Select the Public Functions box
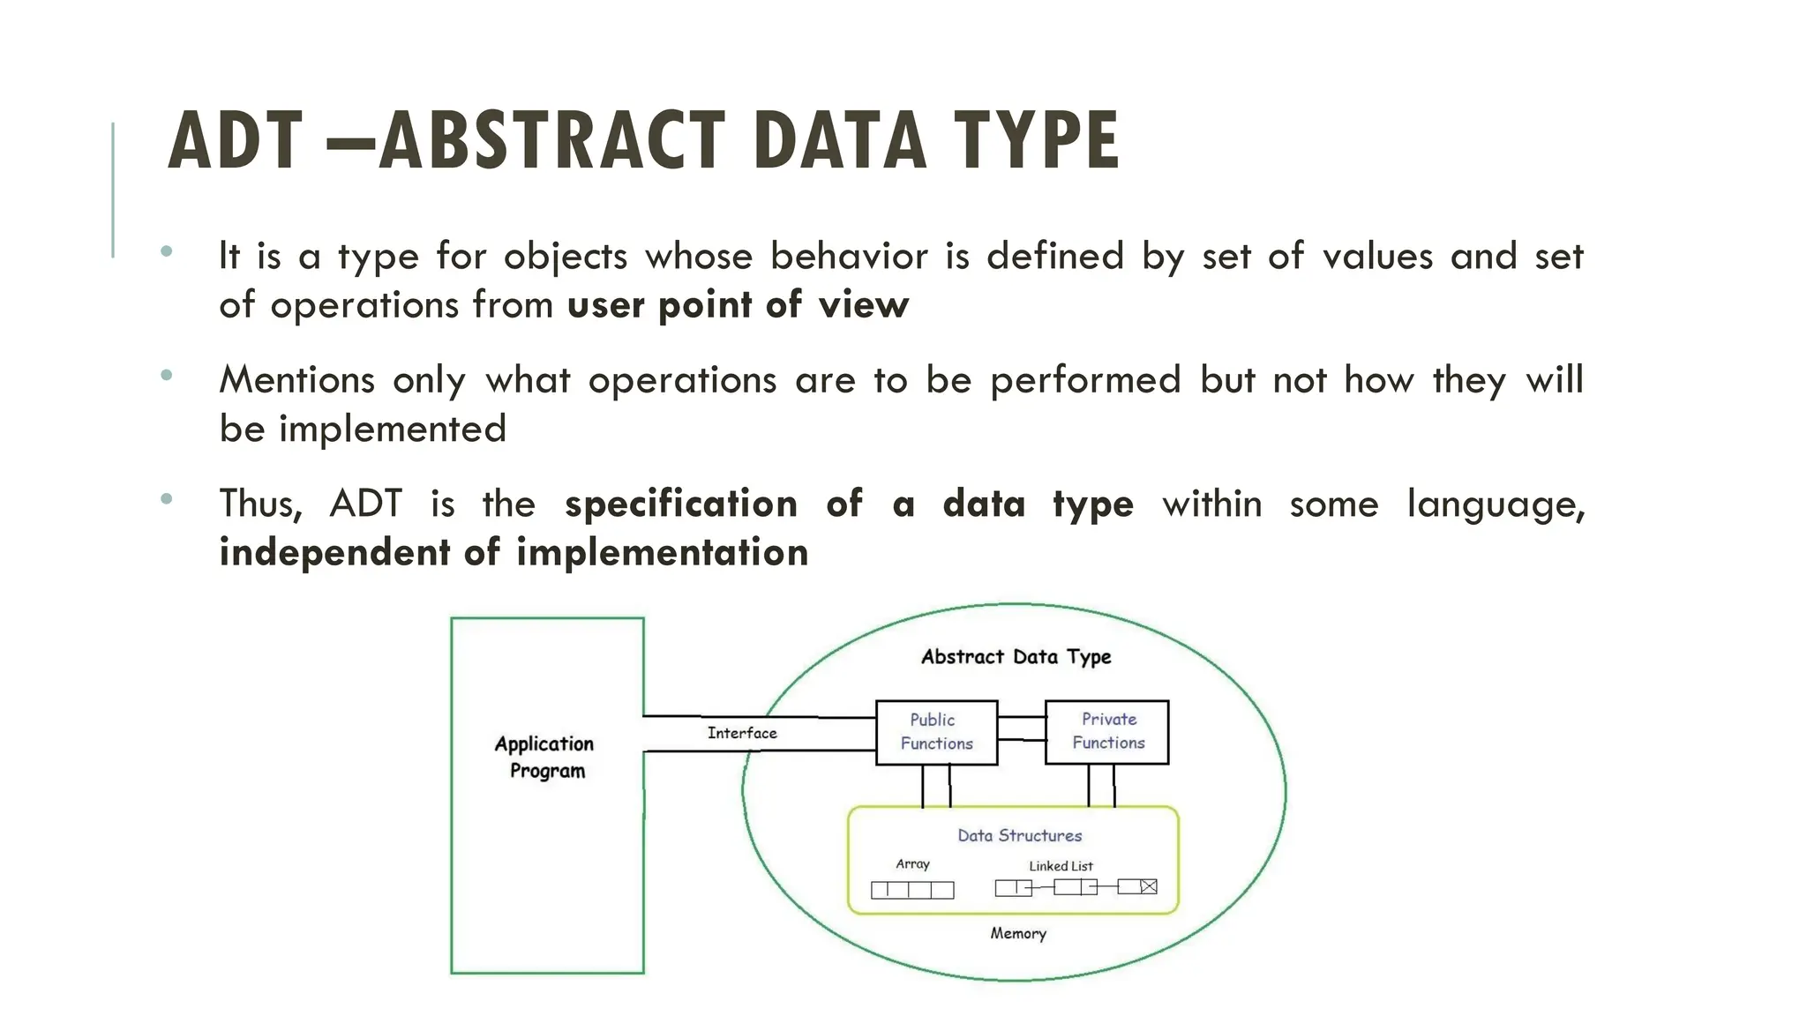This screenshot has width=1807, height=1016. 936,732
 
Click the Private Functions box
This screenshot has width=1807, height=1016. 1107,731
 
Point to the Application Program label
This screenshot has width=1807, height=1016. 545,757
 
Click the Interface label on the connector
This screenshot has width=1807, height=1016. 742,733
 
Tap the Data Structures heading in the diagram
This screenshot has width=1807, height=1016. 1019,835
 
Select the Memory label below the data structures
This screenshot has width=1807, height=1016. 1017,933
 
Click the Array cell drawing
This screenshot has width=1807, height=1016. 912,890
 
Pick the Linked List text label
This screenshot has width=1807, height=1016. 1061,866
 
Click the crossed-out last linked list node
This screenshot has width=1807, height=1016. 1148,886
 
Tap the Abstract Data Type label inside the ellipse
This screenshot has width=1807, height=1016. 1016,657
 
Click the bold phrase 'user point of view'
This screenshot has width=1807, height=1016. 738,305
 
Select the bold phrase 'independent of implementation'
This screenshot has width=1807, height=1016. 514,553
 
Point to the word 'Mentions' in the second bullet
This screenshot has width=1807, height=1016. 297,380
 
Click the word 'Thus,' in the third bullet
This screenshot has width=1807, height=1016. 260,504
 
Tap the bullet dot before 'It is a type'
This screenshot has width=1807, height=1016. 167,252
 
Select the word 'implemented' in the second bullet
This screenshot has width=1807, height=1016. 393,430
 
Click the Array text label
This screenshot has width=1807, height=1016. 912,864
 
